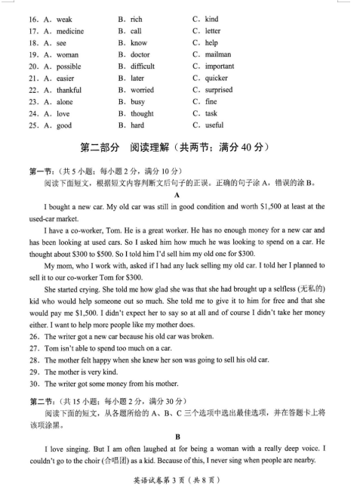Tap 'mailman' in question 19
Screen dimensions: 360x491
[x=217, y=54]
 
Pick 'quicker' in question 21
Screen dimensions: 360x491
[x=217, y=78]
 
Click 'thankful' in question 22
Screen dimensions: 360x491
[x=69, y=90]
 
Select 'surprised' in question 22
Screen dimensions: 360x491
[x=220, y=90]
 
